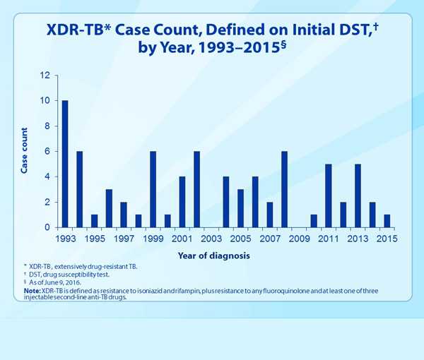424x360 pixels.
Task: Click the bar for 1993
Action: [x=65, y=164]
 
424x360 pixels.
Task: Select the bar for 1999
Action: [x=153, y=189]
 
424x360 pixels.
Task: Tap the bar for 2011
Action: [x=328, y=196]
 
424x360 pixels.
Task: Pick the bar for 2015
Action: [x=387, y=221]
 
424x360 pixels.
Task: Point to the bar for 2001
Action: [x=182, y=202]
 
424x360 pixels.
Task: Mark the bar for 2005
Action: [x=240, y=208]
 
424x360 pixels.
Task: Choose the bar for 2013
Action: [x=358, y=196]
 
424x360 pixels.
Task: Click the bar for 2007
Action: [x=269, y=215]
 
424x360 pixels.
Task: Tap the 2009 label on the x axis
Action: [x=299, y=239]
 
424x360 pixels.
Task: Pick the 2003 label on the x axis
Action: [x=211, y=239]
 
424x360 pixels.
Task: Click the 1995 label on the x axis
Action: [x=95, y=239]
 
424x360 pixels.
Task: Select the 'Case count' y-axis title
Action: [x=24, y=151]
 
